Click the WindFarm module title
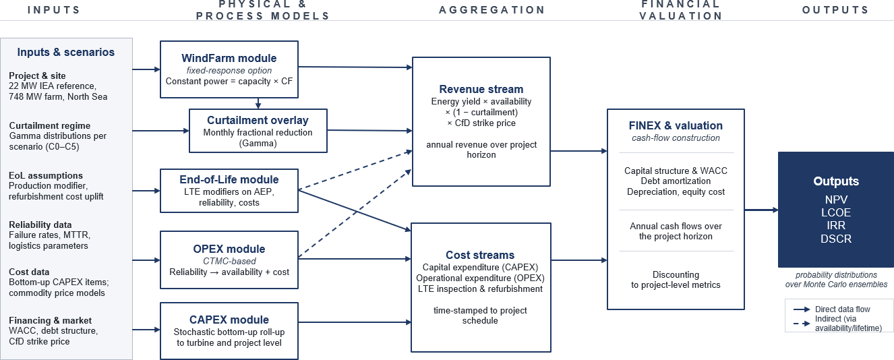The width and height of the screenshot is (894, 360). [229, 58]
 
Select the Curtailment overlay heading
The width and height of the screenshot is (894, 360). [258, 120]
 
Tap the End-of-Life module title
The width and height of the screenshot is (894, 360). [229, 179]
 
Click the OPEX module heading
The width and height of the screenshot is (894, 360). [229, 249]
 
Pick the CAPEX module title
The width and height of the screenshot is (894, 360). [229, 320]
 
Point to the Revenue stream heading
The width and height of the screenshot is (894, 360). [481, 89]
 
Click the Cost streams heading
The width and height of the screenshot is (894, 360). [480, 255]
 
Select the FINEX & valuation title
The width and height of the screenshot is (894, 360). [676, 125]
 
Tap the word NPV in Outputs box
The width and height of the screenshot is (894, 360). [836, 200]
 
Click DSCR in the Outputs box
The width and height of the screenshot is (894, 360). [836, 239]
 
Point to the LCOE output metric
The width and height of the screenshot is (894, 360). [836, 213]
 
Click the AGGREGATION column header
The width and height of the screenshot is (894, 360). [492, 10]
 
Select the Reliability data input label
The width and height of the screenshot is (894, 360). [40, 224]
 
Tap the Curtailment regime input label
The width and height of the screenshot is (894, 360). [49, 125]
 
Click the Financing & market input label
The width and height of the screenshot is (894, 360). [50, 320]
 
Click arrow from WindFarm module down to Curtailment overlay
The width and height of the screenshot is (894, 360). [258, 103]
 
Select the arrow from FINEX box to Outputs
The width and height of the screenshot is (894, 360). [761, 210]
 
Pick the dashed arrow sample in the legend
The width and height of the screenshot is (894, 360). [802, 324]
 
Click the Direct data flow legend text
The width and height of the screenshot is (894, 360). [842, 309]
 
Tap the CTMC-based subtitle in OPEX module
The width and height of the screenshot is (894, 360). [229, 262]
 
